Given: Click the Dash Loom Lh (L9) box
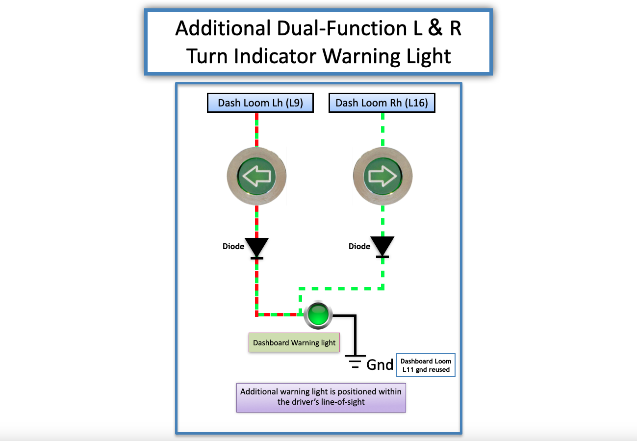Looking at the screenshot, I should [260, 103].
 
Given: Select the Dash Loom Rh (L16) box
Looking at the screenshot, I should [382, 103].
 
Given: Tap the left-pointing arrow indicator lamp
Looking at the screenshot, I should [256, 176].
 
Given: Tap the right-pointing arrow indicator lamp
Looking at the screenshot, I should [382, 176].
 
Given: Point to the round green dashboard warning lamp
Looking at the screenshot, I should [318, 314].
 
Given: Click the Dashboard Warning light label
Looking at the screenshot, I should [294, 343].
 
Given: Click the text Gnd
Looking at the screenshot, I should [380, 364].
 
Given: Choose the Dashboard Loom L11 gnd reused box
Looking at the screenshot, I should [425, 365].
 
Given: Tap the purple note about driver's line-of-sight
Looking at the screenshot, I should [321, 397].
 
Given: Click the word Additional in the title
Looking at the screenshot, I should [223, 28].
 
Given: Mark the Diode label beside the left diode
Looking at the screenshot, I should [233, 246].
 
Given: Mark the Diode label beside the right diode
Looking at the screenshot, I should [359, 246].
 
